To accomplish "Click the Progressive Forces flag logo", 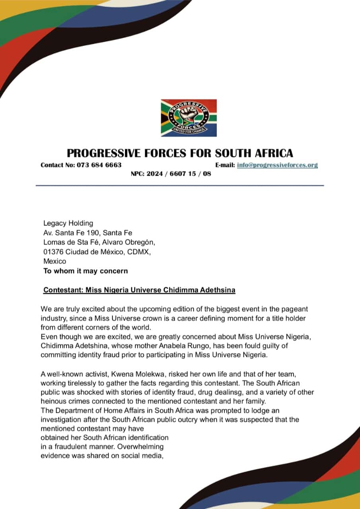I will (189, 118).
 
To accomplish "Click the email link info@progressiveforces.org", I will (277, 165).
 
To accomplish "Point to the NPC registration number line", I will (171, 174).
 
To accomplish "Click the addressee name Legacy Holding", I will (68, 223).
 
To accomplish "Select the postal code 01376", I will (53, 252).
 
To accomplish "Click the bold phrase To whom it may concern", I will (86, 271).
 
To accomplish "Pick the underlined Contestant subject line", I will (139, 290).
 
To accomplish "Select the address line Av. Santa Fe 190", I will (70, 233).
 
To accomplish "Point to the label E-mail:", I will (225, 165).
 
